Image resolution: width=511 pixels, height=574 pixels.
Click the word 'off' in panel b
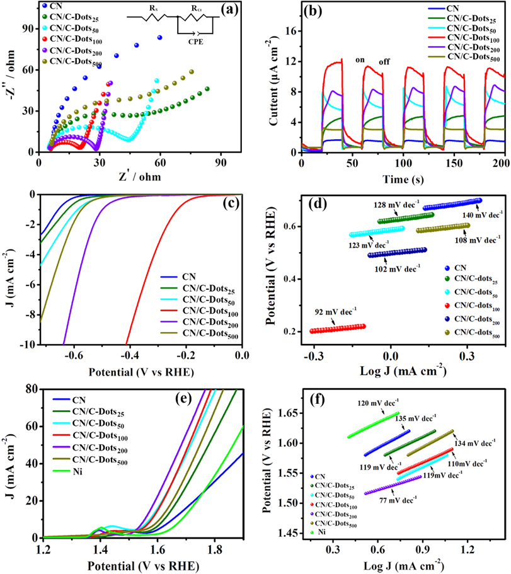click(386, 62)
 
